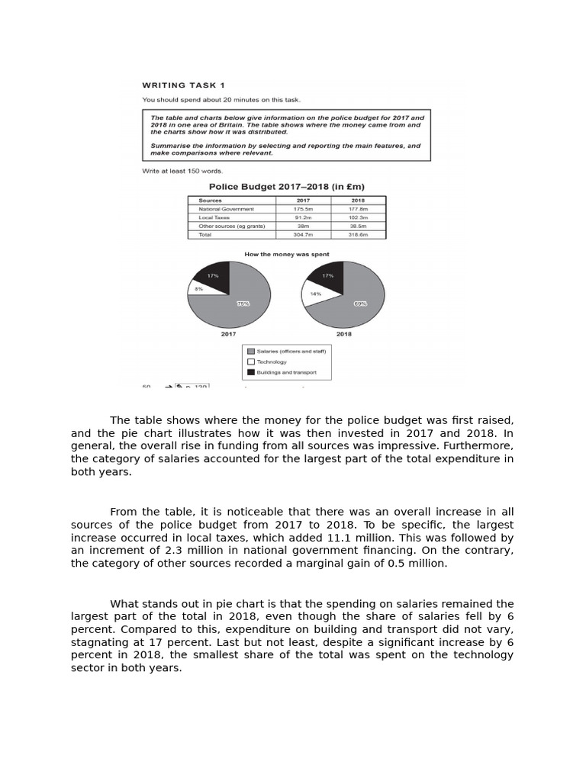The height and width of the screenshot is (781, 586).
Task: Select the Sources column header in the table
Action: click(x=211, y=201)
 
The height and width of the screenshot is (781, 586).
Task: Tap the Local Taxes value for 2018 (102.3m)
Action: click(x=357, y=217)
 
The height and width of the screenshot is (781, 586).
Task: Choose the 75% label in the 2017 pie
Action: click(x=243, y=304)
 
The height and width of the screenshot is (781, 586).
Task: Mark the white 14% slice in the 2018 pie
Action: click(x=314, y=294)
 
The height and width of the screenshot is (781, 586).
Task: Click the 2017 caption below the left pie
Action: click(x=228, y=334)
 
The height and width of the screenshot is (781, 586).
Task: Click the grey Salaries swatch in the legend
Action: click(x=250, y=351)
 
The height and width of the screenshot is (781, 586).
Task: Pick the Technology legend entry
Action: click(x=272, y=362)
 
